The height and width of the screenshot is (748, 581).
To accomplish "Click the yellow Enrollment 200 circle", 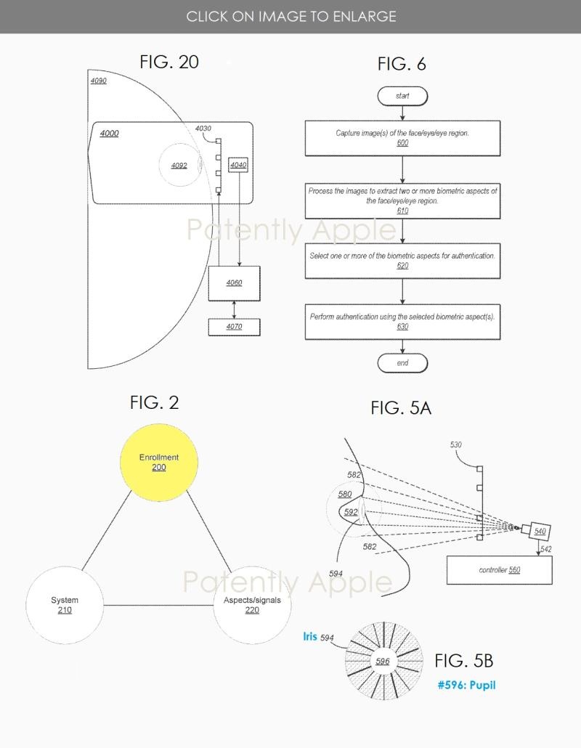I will click(158, 462).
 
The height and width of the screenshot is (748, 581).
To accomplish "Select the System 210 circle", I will click(65, 605).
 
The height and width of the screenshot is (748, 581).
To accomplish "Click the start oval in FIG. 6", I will click(402, 96).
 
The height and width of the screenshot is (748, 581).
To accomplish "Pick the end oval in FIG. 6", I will click(402, 363).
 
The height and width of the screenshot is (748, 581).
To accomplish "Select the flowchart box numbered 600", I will click(402, 138).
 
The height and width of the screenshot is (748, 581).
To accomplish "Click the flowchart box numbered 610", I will click(402, 200).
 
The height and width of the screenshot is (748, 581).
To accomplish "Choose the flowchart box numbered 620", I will click(402, 261).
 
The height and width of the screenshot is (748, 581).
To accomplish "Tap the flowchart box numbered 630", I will click(402, 322).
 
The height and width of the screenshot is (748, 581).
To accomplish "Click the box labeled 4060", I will click(234, 283).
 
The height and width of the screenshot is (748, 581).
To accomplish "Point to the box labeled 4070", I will click(234, 327).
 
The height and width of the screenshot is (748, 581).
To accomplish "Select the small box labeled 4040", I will click(238, 166).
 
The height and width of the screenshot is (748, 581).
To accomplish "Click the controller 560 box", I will click(499, 570).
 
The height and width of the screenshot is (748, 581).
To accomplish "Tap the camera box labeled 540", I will click(539, 532).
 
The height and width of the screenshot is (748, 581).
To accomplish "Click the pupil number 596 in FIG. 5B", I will click(383, 661).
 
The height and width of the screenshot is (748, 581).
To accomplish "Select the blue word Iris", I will click(310, 637).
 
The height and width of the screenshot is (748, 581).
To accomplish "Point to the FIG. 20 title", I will click(169, 62).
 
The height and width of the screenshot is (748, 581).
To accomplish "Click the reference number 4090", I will click(98, 81).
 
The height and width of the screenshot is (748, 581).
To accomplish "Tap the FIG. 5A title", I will click(401, 408).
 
